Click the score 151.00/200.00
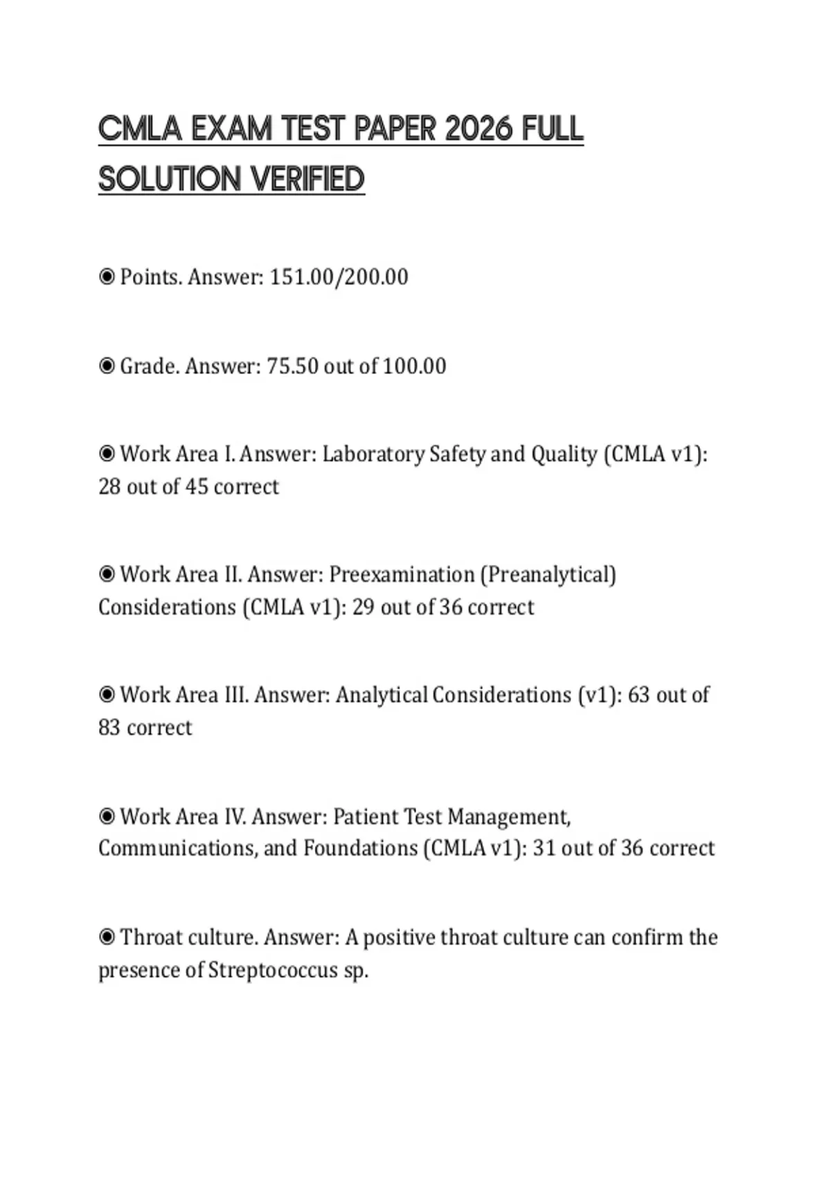pos(339,277)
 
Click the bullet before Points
pos(107,277)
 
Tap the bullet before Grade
pos(107,366)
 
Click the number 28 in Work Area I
pos(109,487)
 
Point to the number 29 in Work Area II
pos(363,608)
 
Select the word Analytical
pos(381,695)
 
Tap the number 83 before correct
pos(109,728)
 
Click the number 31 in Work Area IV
pos(544,849)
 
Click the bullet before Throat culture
pos(107,938)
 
